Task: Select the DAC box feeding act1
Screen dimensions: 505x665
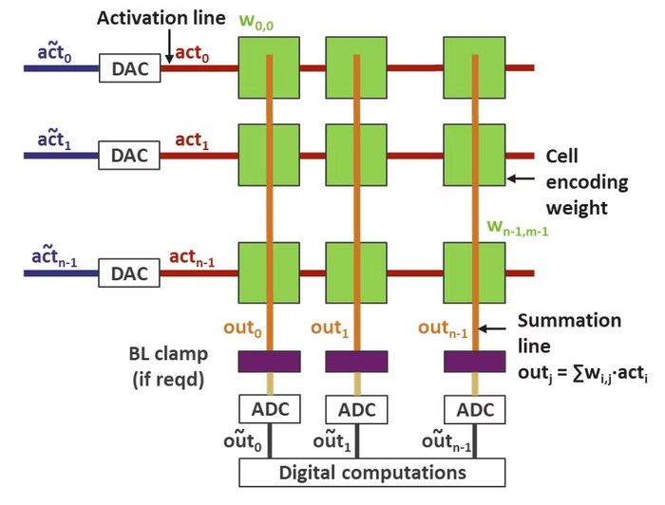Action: [x=129, y=155]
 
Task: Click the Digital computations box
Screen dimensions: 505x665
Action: [x=371, y=472]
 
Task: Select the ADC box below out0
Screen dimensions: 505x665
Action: [x=270, y=410]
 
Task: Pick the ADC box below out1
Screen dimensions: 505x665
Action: [x=356, y=410]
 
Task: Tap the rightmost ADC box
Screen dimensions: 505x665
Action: [x=476, y=410]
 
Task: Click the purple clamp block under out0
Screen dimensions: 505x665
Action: [x=270, y=362]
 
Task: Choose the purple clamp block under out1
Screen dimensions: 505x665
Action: [x=356, y=362]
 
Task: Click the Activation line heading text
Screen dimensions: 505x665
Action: [x=174, y=18]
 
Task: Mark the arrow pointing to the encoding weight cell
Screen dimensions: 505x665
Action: [x=522, y=177]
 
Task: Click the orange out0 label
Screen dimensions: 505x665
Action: [x=242, y=327]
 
